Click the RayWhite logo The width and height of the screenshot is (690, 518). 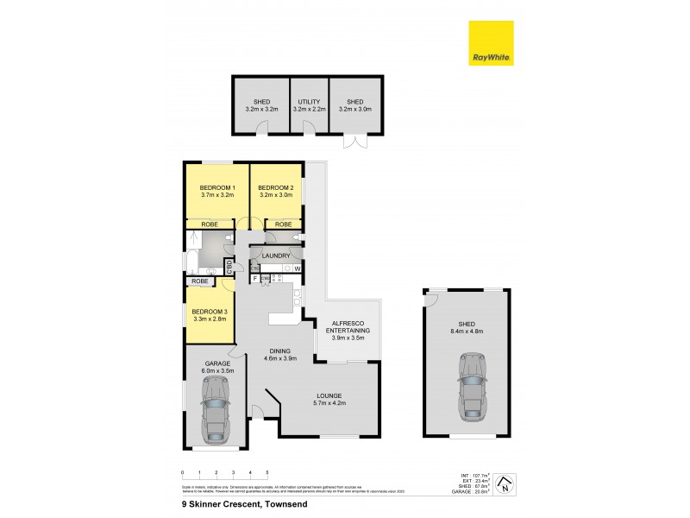click(491, 43)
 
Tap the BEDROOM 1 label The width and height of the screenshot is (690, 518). click(216, 187)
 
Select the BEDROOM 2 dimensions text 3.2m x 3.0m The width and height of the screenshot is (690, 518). click(276, 196)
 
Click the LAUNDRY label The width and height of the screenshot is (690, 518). click(276, 256)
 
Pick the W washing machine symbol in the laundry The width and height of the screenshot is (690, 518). click(297, 269)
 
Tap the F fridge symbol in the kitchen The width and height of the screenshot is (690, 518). click(256, 279)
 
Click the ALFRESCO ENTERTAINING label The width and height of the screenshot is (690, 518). click(347, 326)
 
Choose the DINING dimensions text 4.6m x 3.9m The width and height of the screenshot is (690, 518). click(279, 358)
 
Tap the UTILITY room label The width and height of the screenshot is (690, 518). click(309, 102)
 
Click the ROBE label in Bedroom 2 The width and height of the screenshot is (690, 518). click(283, 224)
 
